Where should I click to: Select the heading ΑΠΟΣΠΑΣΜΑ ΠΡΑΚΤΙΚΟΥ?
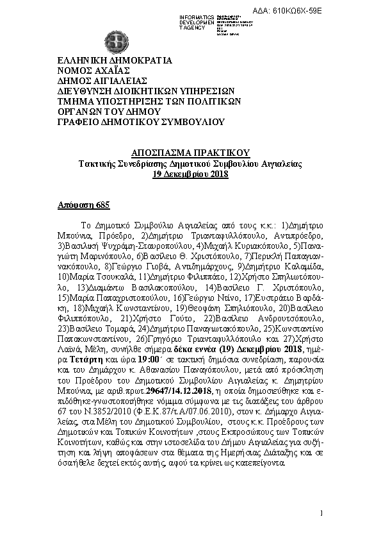tap(190, 153)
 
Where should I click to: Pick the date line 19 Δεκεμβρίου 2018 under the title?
tap(190, 174)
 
